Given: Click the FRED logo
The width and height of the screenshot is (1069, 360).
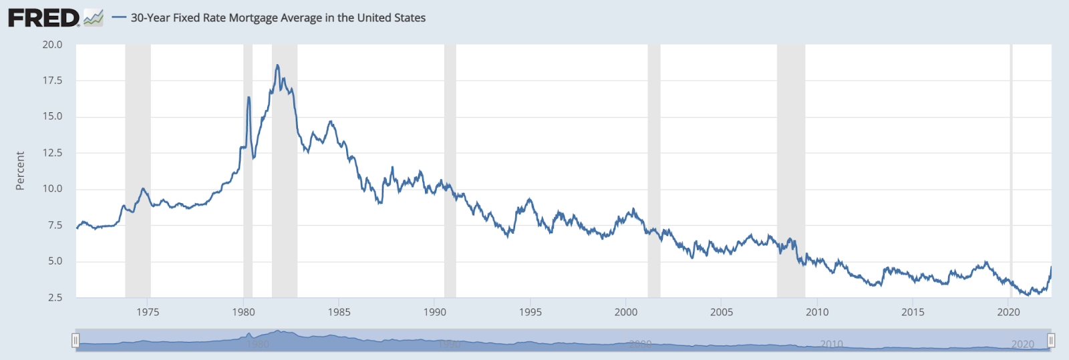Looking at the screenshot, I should tap(44, 18).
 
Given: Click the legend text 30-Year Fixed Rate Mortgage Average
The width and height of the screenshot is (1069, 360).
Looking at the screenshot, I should tap(278, 18).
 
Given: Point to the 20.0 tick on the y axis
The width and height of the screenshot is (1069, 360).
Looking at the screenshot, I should tap(52, 45).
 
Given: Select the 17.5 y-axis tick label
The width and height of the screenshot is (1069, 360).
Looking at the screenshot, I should tap(52, 81).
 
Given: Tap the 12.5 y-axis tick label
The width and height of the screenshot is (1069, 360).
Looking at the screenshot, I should tap(52, 153).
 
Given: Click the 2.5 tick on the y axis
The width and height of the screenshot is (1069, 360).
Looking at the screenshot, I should tap(55, 297).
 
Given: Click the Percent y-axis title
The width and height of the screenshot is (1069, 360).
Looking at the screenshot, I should tap(20, 171).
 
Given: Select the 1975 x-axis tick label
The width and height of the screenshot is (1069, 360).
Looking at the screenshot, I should tap(148, 312).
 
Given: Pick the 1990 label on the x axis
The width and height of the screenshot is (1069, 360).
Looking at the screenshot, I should tap(435, 312).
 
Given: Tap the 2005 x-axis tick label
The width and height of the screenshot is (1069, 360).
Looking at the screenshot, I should tap(722, 312).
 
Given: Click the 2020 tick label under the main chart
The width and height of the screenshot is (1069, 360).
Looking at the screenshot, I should tap(1008, 312).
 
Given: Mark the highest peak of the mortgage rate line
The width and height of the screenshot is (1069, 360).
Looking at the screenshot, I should tap(277, 65).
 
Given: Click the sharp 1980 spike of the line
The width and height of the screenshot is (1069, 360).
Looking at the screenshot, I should tap(249, 98).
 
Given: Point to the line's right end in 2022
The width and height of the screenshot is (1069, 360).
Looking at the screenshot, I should tap(1051, 267).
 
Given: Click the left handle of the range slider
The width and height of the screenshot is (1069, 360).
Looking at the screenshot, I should tap(75, 341).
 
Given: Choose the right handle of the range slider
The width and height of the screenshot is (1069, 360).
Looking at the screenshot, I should tap(1051, 341).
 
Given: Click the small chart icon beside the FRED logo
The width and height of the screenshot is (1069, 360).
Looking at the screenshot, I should tap(94, 18).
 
